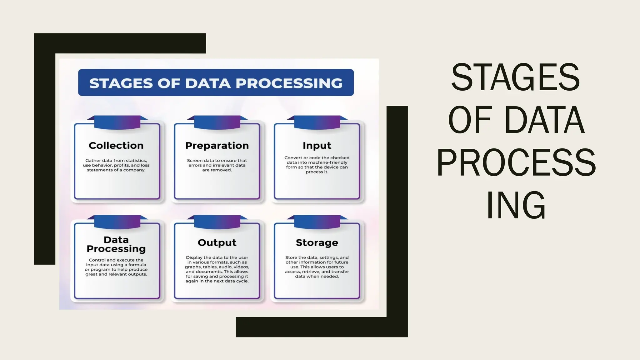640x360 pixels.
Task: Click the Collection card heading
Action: coord(116,146)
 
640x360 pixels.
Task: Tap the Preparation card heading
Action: coord(217,146)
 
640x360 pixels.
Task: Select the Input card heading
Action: coord(317,146)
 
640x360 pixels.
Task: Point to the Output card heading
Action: coord(217,243)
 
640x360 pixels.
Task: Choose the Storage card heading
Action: coord(317,243)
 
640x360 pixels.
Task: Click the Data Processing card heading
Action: coord(116,244)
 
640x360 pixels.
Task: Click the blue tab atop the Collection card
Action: coord(117,122)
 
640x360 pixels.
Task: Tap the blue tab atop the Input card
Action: coord(317,122)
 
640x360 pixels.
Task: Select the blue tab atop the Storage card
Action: coord(317,222)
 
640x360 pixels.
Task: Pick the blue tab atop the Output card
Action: coord(217,222)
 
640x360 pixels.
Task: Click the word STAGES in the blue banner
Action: coord(121,83)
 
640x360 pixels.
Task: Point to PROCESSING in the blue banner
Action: coord(289,83)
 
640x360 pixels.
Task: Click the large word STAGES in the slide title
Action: coord(516,77)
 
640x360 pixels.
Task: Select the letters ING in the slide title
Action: coord(516,205)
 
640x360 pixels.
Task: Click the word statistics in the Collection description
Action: coord(136,161)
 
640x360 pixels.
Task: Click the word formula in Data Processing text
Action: coord(137,265)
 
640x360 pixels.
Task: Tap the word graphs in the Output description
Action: coord(193,267)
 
